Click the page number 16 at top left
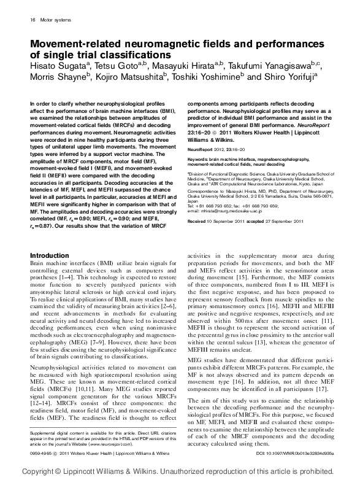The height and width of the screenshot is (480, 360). [x=31, y=20]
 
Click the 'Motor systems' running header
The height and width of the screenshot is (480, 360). [x=55, y=20]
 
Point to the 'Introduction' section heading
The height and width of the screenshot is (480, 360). [x=49, y=272]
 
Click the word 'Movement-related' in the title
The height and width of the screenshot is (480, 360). [x=75, y=44]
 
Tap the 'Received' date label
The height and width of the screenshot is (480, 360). [x=197, y=237]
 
